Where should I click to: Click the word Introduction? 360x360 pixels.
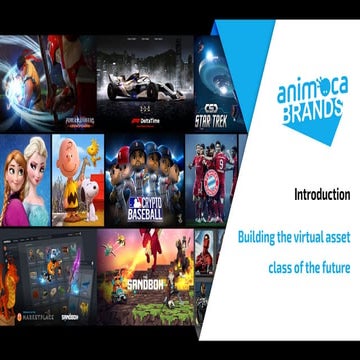321,194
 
